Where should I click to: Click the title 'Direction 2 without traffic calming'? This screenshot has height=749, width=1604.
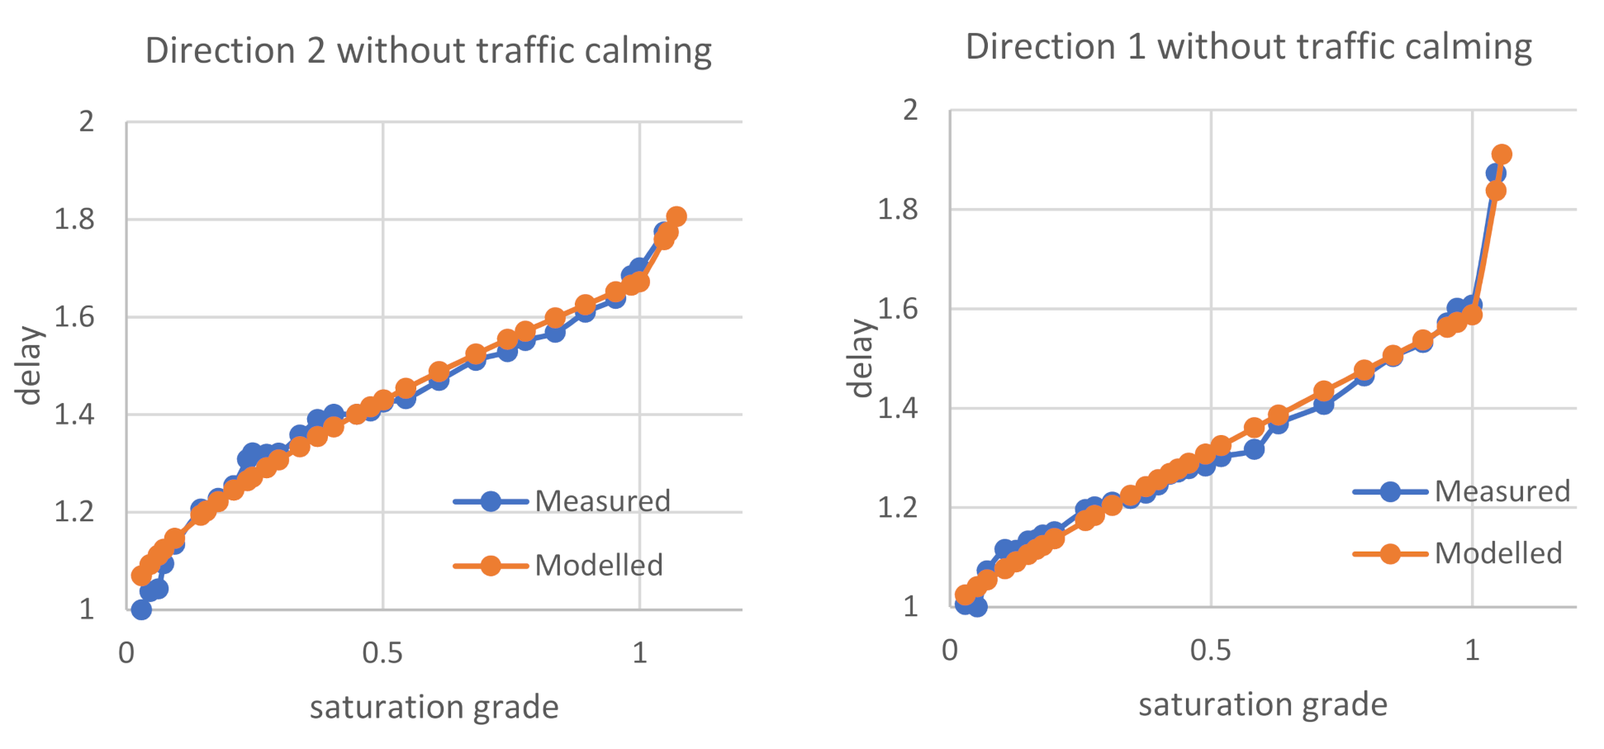(x=428, y=51)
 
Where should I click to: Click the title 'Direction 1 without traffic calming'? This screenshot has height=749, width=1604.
(x=1248, y=46)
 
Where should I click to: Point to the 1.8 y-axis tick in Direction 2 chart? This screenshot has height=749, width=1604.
(x=74, y=220)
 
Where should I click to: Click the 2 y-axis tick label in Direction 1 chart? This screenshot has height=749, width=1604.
(x=910, y=110)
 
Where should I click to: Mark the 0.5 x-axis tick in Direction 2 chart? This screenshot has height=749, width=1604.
(x=382, y=653)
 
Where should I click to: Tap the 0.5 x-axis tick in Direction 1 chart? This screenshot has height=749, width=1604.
(x=1211, y=651)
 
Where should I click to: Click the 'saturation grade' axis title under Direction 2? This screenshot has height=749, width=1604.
(x=434, y=708)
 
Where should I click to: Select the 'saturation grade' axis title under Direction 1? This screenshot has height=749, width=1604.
(x=1262, y=704)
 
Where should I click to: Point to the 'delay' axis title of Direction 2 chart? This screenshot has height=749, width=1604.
(x=31, y=365)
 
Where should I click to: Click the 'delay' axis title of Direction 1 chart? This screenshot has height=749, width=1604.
(x=861, y=358)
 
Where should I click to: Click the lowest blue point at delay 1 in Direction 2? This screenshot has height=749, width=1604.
(x=141, y=609)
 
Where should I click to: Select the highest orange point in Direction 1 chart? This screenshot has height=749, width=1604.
(x=1502, y=154)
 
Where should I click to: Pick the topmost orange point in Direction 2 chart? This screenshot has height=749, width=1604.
(x=676, y=216)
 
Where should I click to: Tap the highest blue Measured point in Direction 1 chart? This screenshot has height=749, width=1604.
(x=1495, y=173)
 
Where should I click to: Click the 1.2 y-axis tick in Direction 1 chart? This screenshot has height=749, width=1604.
(x=898, y=507)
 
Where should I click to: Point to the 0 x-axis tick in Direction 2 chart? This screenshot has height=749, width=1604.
(x=126, y=653)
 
